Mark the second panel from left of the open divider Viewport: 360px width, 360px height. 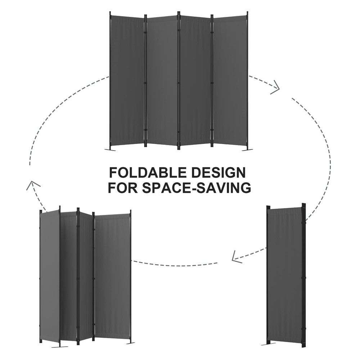click(162, 81)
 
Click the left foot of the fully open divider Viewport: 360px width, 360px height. click(109, 149)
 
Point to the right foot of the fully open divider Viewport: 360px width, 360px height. click(247, 149)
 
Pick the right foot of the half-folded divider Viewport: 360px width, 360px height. click(130, 342)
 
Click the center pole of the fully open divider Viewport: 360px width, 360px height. click(179, 81)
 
